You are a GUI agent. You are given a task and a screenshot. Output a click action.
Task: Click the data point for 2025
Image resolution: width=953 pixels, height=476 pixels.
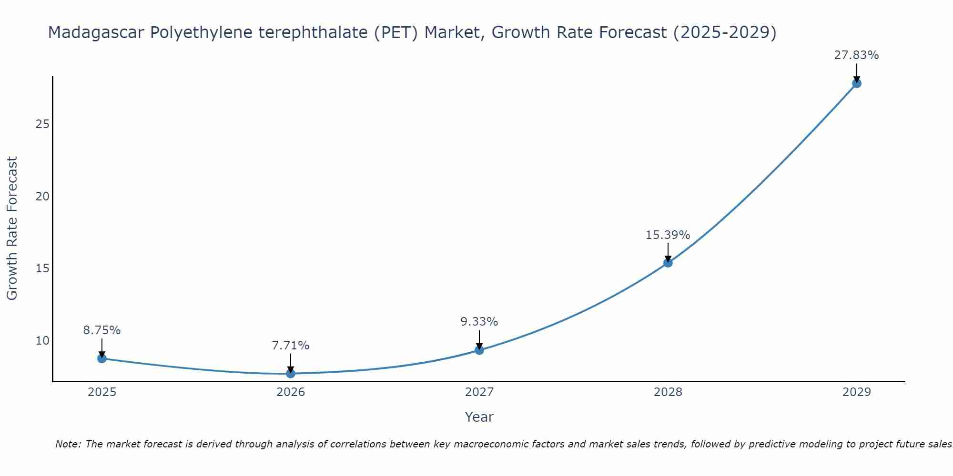point(102,358)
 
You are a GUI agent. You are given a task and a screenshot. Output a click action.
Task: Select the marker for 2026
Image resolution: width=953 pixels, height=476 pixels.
point(291,374)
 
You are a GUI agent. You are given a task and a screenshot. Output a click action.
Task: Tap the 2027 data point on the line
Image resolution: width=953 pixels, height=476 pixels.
point(479,350)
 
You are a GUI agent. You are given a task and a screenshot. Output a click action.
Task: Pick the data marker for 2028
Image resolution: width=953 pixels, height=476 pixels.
point(668,263)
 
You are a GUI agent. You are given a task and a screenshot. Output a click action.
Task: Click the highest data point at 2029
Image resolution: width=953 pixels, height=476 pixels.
point(856,83)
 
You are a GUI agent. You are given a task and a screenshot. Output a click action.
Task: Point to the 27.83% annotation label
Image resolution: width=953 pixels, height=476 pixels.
point(856,55)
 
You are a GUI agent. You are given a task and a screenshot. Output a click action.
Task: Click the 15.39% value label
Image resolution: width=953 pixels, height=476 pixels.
point(668,235)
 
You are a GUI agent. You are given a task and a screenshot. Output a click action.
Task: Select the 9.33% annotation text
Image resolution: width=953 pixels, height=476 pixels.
point(479,322)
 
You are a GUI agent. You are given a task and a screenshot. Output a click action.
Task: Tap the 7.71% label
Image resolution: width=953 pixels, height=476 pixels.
point(291,346)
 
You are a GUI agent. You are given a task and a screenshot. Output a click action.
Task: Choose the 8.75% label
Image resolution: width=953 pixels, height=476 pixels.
point(102,330)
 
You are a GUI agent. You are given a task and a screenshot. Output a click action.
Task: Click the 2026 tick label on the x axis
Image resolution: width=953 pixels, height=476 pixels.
point(291,392)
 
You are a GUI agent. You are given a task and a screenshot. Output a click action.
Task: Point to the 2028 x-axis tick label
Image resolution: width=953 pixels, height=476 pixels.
point(668,392)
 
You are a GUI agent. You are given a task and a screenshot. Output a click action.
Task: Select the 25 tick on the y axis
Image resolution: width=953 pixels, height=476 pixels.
point(42,124)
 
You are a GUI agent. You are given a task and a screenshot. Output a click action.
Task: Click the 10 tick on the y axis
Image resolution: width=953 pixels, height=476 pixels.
point(42,340)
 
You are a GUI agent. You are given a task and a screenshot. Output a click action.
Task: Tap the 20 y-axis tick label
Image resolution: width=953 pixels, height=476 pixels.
point(42,197)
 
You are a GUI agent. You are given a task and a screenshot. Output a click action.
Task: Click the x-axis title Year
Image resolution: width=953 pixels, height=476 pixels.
point(479,417)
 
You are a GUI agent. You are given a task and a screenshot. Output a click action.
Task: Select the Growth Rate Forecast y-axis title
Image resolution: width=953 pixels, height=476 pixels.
point(12,228)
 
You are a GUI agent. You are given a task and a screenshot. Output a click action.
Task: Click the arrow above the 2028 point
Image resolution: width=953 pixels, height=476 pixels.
point(668,251)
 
